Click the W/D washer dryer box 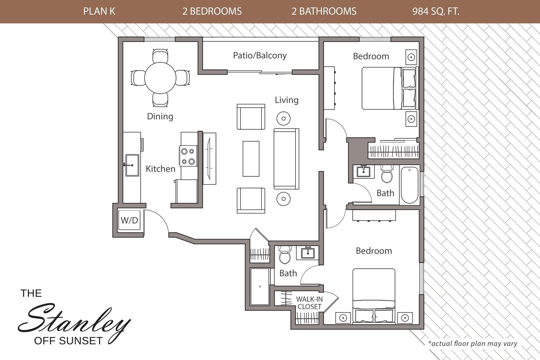[129, 220]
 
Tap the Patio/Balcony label [260, 55]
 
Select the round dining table [160, 78]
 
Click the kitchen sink [132, 165]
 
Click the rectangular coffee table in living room [251, 159]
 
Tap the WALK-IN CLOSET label [309, 303]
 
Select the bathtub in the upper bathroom [410, 185]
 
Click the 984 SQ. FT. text [436, 11]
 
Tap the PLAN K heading [99, 11]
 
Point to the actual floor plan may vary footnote [473, 343]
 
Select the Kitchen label [160, 169]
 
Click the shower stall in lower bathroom [260, 287]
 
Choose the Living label [286, 100]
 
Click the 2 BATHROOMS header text [324, 11]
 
